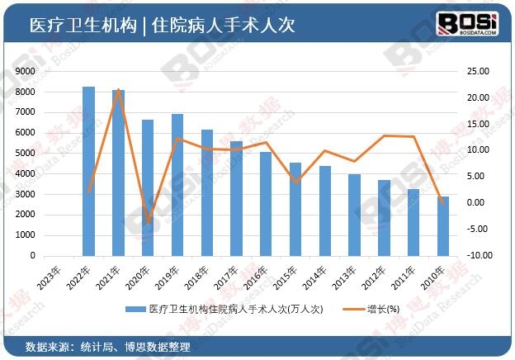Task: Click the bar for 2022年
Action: tap(89, 171)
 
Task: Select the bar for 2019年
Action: tap(177, 185)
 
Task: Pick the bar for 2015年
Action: tap(295, 209)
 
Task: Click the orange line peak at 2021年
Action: tap(119, 89)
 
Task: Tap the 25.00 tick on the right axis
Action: tap(478, 72)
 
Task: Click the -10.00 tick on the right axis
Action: tap(478, 256)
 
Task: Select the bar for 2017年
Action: tap(237, 198)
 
